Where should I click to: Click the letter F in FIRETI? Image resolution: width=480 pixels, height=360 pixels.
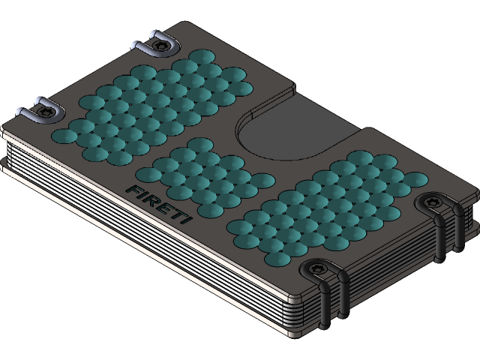click(133, 190)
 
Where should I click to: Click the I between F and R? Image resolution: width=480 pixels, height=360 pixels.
click(142, 195)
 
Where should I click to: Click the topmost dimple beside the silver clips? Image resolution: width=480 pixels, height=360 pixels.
click(200, 57)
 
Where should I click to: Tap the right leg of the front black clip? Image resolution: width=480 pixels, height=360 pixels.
click(344, 296)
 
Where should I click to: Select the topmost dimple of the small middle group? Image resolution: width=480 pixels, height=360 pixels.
click(199, 144)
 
